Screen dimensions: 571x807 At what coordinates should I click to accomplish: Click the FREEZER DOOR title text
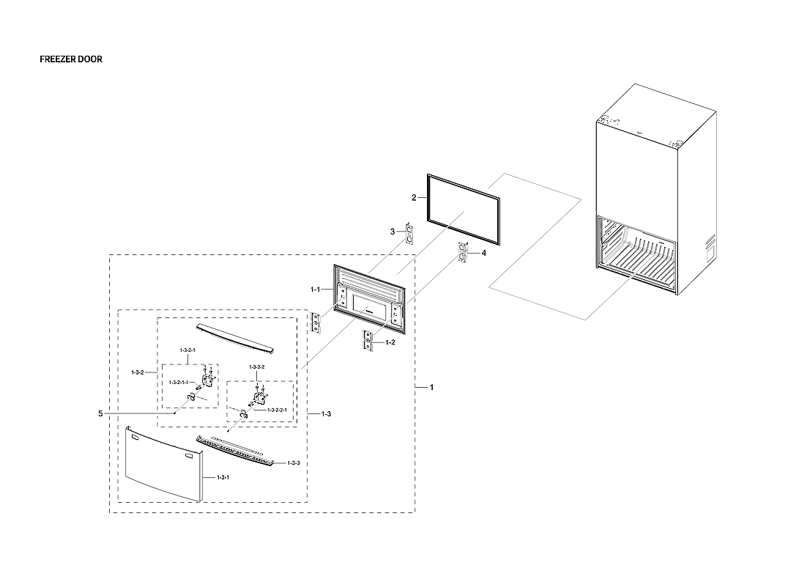[x=70, y=59]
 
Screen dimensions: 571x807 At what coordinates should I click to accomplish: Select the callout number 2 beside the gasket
[x=414, y=198]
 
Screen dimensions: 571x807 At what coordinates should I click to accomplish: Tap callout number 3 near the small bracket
[x=393, y=232]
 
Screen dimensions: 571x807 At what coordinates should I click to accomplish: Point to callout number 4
[x=483, y=254]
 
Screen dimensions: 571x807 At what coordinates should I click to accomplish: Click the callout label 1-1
[x=316, y=290]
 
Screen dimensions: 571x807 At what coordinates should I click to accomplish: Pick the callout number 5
[x=100, y=413]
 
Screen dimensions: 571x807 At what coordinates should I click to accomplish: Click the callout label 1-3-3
[x=294, y=463]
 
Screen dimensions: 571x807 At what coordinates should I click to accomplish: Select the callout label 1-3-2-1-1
[x=178, y=383]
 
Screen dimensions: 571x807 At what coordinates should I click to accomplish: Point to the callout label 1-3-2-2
[x=256, y=366]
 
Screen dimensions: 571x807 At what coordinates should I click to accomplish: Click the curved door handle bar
[x=234, y=336]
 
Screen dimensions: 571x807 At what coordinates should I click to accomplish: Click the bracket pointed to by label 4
[x=463, y=252]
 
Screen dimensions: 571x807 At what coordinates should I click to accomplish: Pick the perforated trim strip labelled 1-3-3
[x=238, y=451]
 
